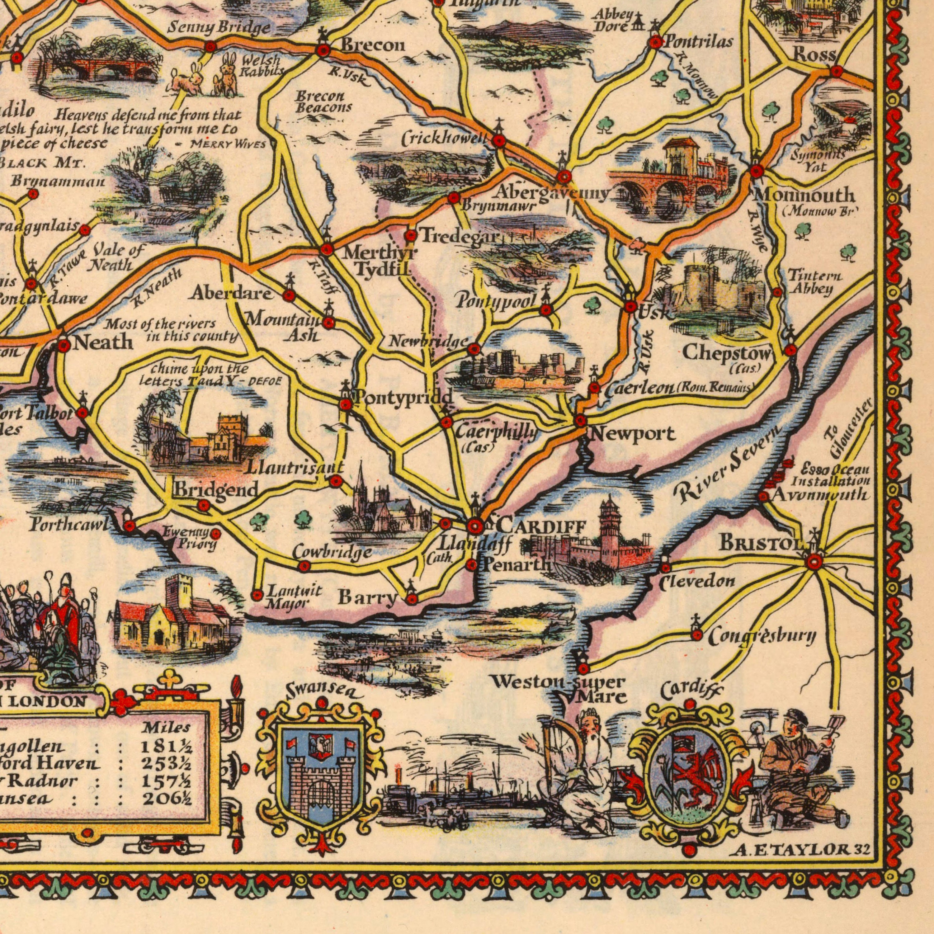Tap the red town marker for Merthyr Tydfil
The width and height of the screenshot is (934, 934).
(x=327, y=249)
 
